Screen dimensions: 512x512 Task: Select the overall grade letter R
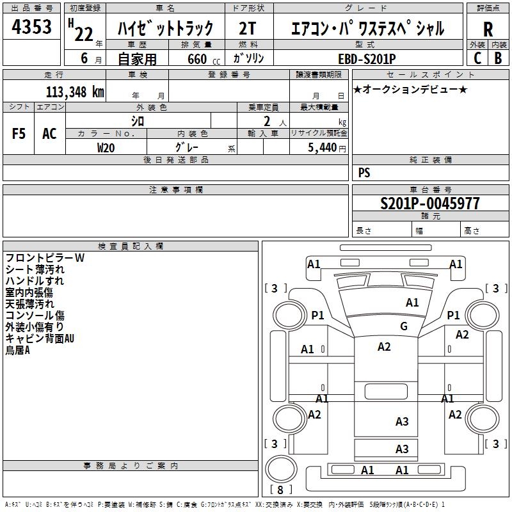(x=488, y=29)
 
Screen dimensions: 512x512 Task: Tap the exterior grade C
(x=477, y=58)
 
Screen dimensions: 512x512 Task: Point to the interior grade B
(x=498, y=58)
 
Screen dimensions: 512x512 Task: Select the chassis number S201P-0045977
(x=429, y=204)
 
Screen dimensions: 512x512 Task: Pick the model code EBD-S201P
(x=367, y=58)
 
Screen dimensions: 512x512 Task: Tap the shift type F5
(x=19, y=134)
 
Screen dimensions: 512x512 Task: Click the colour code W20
(x=106, y=147)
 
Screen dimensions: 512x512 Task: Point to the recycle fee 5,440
(x=322, y=147)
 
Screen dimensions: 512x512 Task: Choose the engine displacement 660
(x=196, y=58)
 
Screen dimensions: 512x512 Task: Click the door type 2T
(x=249, y=28)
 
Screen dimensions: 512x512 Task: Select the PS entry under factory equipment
(x=364, y=173)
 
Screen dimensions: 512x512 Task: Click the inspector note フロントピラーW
(x=45, y=258)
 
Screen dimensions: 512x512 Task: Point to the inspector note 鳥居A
(x=18, y=350)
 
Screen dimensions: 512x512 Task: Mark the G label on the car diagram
(x=403, y=326)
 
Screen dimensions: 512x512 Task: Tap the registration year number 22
(x=84, y=34)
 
